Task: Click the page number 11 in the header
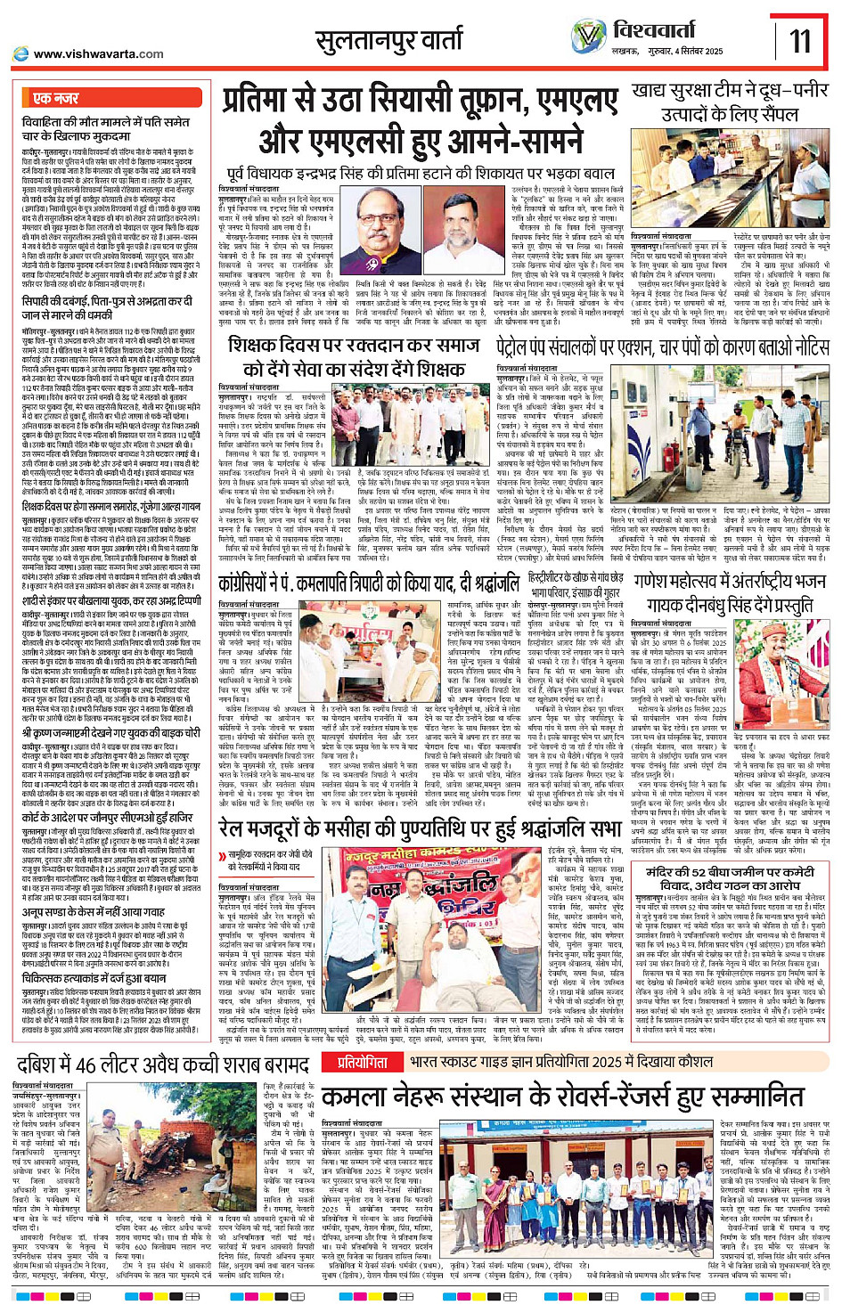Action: pyautogui.click(x=800, y=39)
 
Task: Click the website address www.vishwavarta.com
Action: pyautogui.click(x=98, y=54)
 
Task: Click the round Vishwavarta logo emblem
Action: pyautogui.click(x=588, y=37)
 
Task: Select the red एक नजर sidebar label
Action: pyautogui.click(x=55, y=98)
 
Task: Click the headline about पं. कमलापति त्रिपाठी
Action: pyautogui.click(x=369, y=583)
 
